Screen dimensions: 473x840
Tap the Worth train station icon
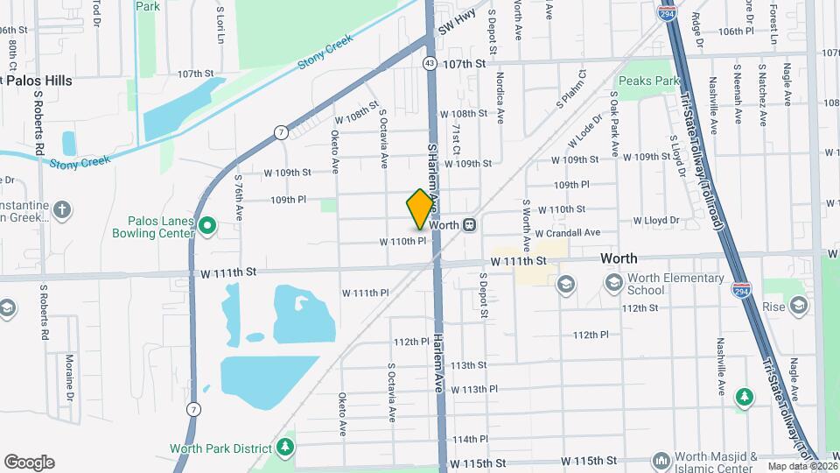click(x=470, y=225)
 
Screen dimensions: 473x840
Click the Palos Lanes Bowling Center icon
click(x=207, y=228)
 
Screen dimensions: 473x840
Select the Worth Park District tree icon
click(x=284, y=448)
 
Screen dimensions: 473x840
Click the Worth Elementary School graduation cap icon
click(x=565, y=283)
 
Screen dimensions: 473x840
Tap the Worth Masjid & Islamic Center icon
click(x=661, y=460)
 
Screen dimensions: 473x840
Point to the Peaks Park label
click(x=648, y=81)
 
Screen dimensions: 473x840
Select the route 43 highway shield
click(x=429, y=63)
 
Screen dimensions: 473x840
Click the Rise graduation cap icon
click(x=797, y=305)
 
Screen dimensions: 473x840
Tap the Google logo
click(x=29, y=462)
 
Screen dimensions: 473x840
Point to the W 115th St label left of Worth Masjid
click(x=589, y=461)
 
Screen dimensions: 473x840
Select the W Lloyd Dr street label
click(x=656, y=221)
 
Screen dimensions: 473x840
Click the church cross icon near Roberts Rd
click(x=61, y=209)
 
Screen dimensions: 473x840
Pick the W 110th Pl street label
click(x=402, y=241)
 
